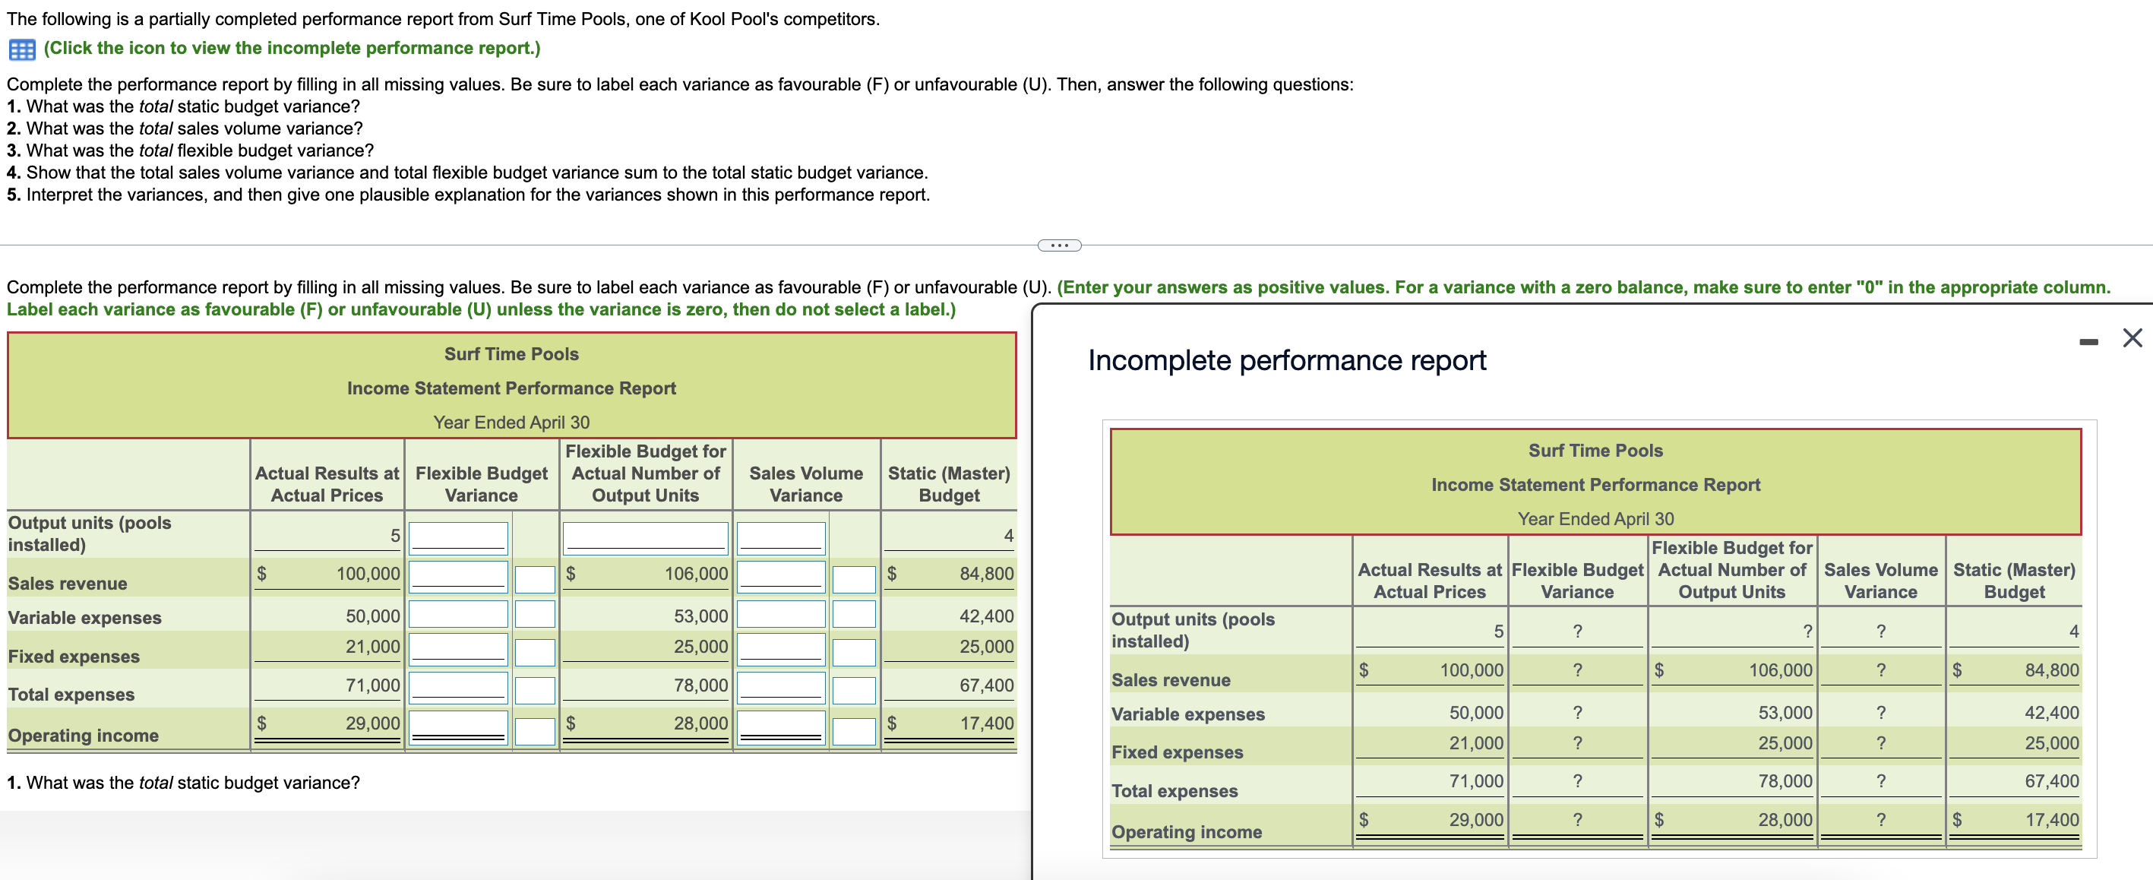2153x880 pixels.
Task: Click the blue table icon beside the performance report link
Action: pyautogui.click(x=22, y=49)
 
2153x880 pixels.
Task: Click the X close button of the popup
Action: pyautogui.click(x=2132, y=337)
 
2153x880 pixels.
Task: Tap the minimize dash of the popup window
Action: pyautogui.click(x=2088, y=341)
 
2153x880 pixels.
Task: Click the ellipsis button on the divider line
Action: pyautogui.click(x=1059, y=245)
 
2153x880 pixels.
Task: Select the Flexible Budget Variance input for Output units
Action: pyautogui.click(x=458, y=537)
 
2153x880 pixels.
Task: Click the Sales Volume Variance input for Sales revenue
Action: pyautogui.click(x=781, y=576)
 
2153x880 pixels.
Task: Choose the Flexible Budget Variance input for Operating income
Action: pyautogui.click(x=458, y=726)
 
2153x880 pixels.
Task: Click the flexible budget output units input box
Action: pyautogui.click(x=645, y=537)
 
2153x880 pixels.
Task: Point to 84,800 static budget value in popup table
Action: pyautogui.click(x=2051, y=670)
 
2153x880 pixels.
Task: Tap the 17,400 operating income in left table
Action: pyautogui.click(x=986, y=723)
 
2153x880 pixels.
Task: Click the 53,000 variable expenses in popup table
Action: pyautogui.click(x=1785, y=713)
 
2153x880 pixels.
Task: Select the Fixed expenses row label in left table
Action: pyautogui.click(x=74, y=657)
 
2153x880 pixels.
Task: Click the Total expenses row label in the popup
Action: pyautogui.click(x=1174, y=791)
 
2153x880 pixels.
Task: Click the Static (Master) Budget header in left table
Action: pyautogui.click(x=949, y=485)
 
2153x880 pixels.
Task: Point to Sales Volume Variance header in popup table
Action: pyautogui.click(x=1880, y=581)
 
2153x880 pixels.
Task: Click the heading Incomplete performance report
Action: pyautogui.click(x=1286, y=361)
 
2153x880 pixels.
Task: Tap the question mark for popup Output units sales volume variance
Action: pyautogui.click(x=1880, y=632)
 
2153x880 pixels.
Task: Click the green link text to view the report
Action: pyautogui.click(x=292, y=49)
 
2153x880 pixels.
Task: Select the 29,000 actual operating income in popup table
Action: pyautogui.click(x=1475, y=820)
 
